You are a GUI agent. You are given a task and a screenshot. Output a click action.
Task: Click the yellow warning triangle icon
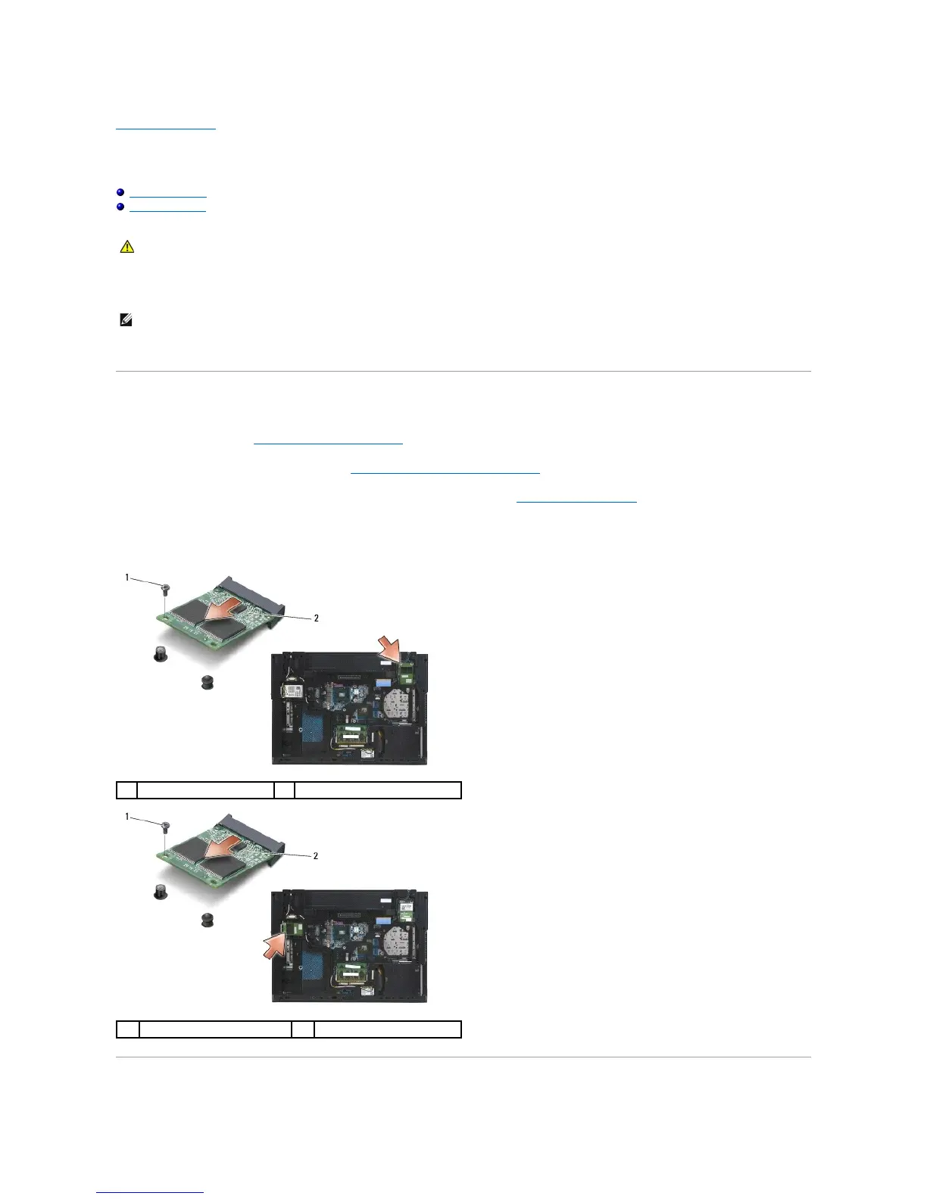[126, 247]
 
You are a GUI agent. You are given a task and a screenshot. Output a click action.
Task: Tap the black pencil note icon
[126, 321]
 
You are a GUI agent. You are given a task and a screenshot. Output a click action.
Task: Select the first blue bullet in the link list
[120, 193]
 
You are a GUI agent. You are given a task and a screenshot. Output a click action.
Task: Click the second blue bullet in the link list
[120, 206]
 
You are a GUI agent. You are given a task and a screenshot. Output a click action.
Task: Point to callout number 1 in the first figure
[127, 578]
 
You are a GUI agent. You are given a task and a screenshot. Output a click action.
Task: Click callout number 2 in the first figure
[316, 618]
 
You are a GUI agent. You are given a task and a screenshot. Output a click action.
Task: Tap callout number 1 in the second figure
[127, 817]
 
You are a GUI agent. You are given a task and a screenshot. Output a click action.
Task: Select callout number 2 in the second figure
[316, 856]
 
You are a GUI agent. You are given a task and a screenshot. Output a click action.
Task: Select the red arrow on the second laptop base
[278, 945]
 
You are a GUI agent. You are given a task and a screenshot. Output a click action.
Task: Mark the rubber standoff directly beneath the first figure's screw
[160, 655]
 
